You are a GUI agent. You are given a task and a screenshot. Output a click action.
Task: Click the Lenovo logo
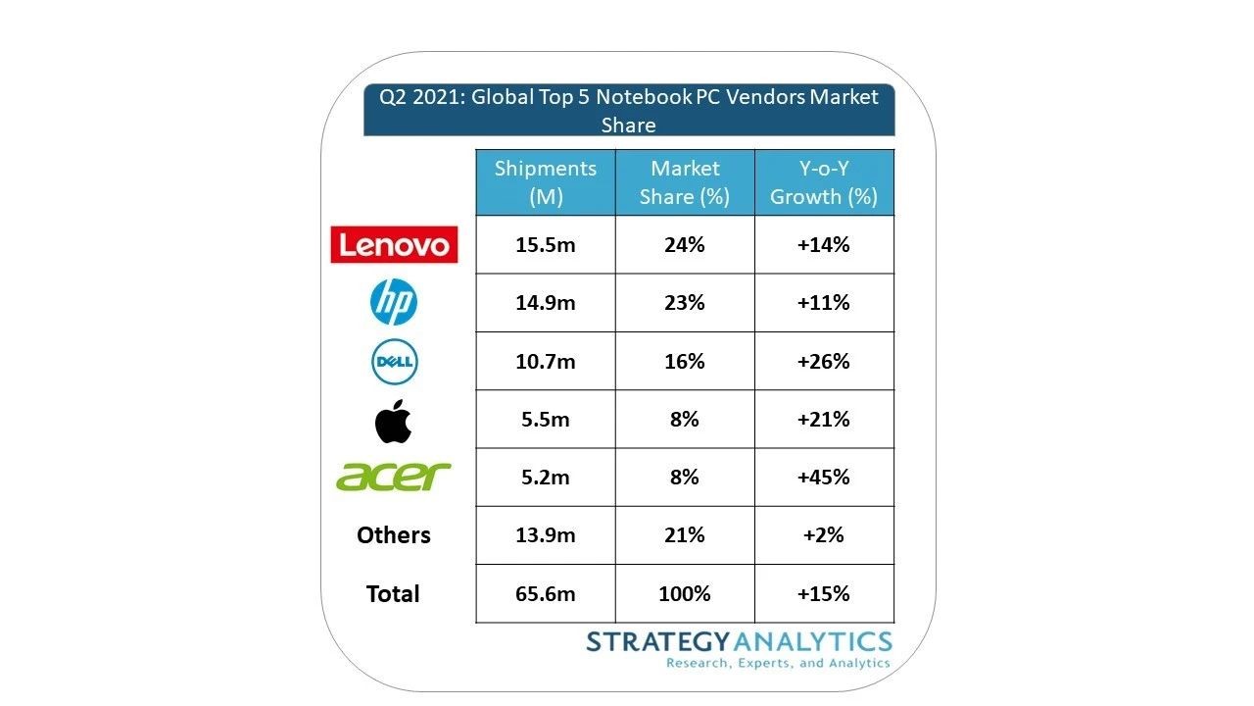[394, 244]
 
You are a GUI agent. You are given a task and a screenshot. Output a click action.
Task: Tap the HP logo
[394, 302]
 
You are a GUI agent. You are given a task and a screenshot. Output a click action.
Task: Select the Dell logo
[394, 363]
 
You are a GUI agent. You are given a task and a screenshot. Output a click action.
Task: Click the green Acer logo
[394, 477]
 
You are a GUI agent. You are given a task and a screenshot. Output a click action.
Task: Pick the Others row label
[394, 535]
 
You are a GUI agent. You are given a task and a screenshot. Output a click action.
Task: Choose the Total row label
[393, 593]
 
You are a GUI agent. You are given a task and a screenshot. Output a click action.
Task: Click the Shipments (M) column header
[545, 182]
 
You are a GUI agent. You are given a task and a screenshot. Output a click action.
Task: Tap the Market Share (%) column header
[685, 182]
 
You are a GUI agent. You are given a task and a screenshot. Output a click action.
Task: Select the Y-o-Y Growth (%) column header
[823, 182]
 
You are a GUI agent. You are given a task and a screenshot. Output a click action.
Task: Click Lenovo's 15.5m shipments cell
[546, 245]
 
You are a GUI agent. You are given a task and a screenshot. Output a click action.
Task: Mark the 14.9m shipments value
[546, 303]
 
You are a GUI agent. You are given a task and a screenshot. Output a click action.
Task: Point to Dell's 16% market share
[685, 362]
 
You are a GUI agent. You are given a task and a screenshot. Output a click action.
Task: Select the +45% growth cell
[823, 478]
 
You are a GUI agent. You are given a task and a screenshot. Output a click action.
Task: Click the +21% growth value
[823, 420]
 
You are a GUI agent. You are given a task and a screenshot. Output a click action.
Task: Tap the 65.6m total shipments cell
[546, 594]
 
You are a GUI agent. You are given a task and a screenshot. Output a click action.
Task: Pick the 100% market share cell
[685, 594]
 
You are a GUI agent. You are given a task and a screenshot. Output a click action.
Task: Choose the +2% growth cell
[823, 535]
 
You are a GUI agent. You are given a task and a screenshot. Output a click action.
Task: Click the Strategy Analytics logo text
[739, 643]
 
